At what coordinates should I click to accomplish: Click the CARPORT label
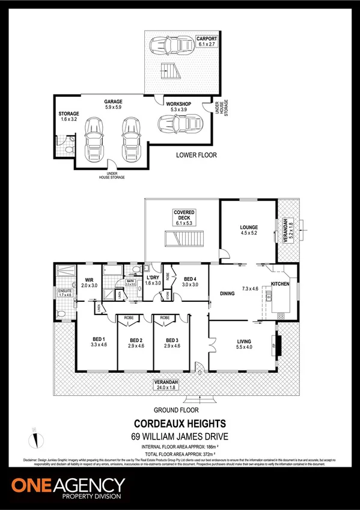(205, 38)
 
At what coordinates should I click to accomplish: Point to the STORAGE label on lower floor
(69, 113)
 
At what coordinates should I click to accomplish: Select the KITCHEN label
(281, 283)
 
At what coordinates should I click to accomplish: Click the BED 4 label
(189, 278)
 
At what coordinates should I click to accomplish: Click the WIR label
(89, 279)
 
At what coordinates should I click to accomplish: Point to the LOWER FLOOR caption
(197, 155)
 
